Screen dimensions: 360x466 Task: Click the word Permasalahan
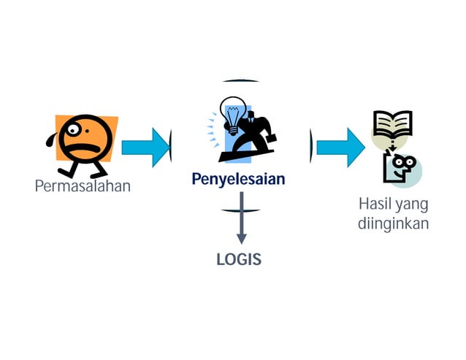click(x=83, y=185)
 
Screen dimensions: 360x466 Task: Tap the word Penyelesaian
click(x=238, y=179)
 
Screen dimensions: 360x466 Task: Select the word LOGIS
click(x=238, y=259)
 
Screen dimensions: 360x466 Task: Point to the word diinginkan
click(x=393, y=223)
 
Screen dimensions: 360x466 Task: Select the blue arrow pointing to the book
click(x=340, y=147)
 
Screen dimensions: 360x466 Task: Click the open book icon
click(x=392, y=124)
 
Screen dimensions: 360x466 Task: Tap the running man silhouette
click(x=253, y=129)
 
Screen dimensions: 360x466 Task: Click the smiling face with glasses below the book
click(x=401, y=166)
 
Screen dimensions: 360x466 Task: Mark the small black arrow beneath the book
click(x=393, y=148)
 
